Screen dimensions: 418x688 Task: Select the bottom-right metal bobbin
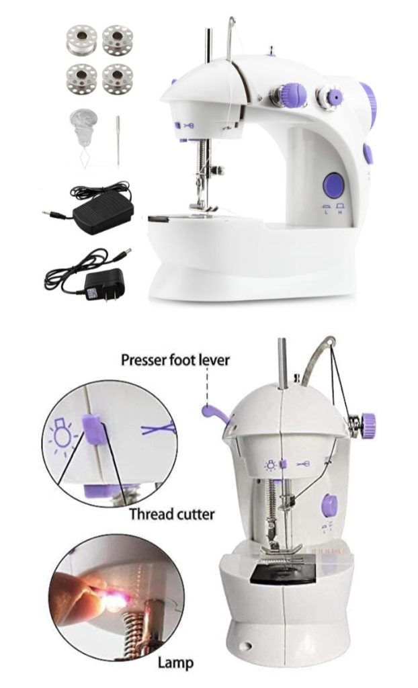coord(117,79)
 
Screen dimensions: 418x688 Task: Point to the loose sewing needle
coord(118,141)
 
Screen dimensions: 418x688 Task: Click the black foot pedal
coord(103,210)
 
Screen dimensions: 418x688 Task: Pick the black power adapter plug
coord(99,284)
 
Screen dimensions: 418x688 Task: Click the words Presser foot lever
coord(175,360)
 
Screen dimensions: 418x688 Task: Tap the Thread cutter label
coord(171,514)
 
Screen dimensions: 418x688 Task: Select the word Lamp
coord(175,662)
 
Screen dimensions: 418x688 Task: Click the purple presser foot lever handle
coord(214,414)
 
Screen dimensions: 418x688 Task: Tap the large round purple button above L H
coord(334,185)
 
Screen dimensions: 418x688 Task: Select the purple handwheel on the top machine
coord(369,104)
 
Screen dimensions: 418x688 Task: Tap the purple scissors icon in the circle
coord(159,429)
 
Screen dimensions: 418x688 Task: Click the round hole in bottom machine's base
coord(247,646)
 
